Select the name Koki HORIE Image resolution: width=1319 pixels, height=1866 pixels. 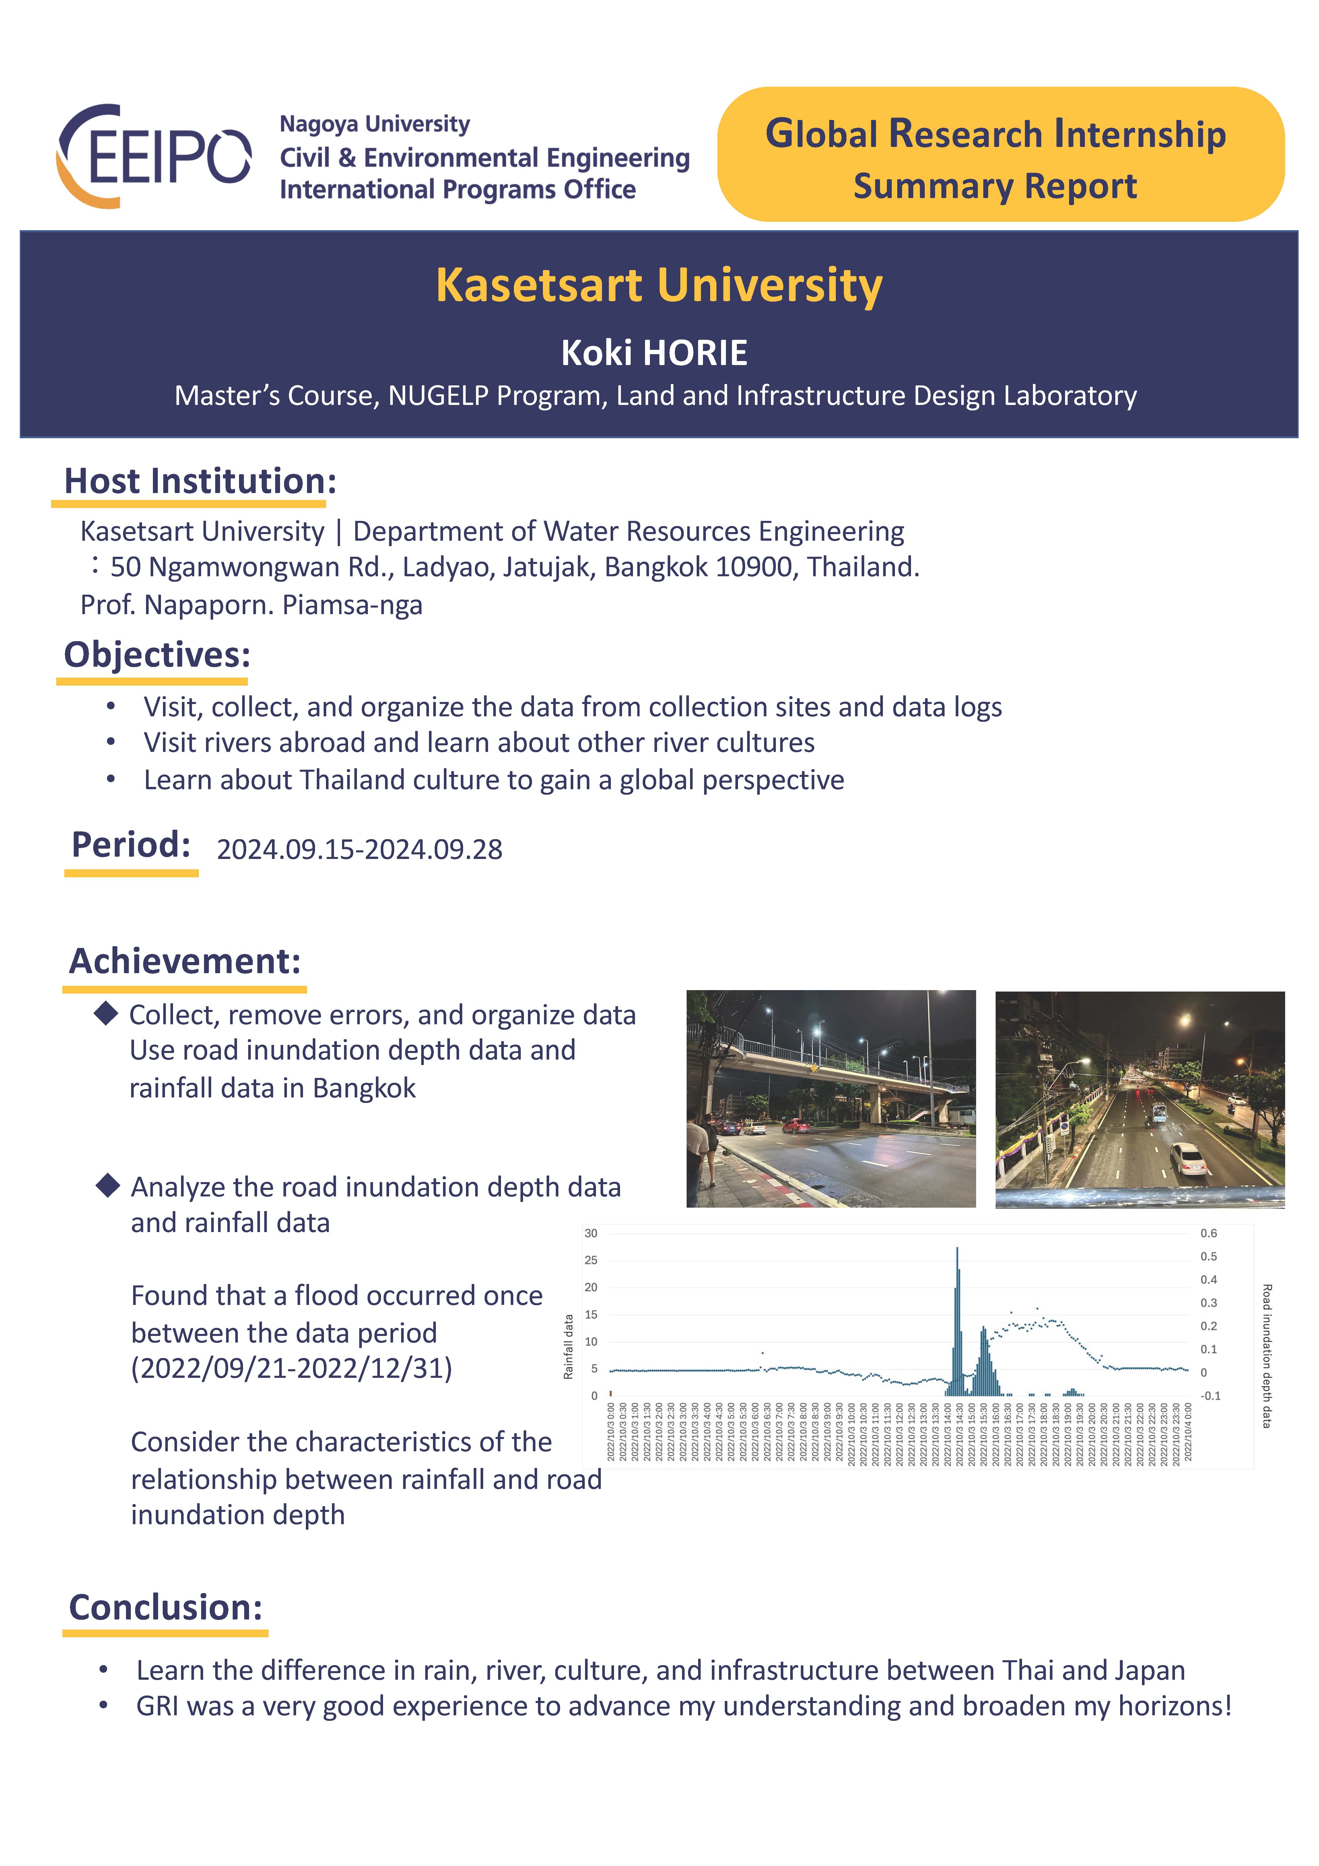point(654,353)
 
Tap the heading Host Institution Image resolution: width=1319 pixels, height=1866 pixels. point(199,481)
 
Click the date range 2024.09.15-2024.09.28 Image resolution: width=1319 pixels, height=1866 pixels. point(359,849)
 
